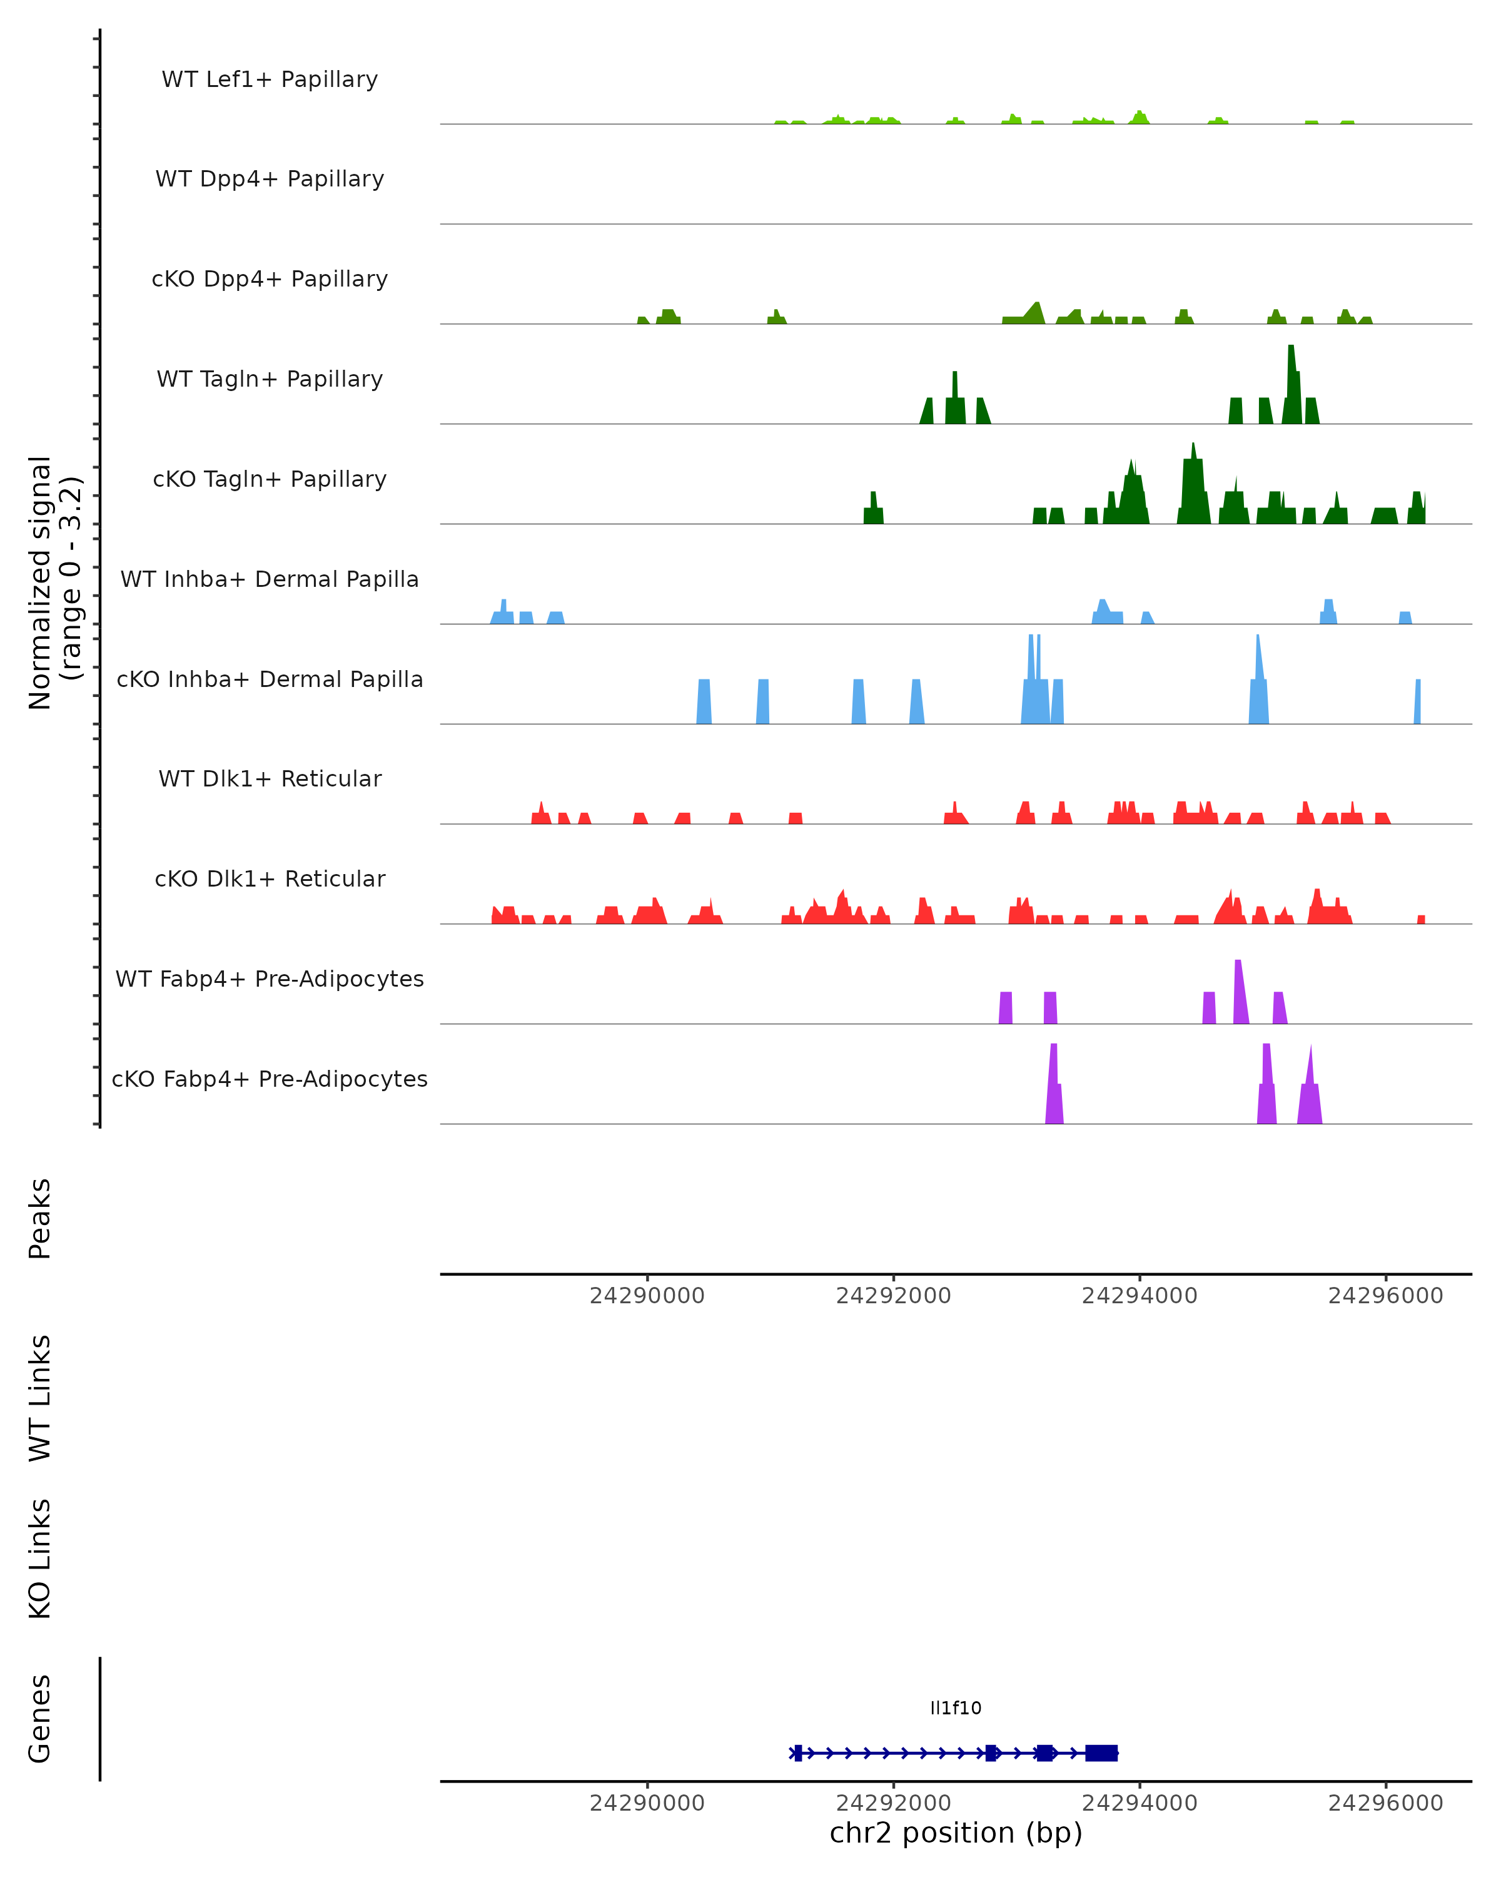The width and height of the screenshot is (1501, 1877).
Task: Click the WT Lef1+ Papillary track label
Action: pyautogui.click(x=270, y=79)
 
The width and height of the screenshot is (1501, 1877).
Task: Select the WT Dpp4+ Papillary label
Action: pyautogui.click(x=270, y=180)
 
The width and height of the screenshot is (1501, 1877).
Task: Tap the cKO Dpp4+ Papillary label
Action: pyautogui.click(x=270, y=280)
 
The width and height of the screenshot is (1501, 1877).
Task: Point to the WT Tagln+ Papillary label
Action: pyautogui.click(x=270, y=380)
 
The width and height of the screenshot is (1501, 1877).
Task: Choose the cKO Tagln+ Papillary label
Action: pyautogui.click(x=270, y=480)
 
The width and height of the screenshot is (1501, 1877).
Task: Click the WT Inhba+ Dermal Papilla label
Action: pyautogui.click(x=270, y=580)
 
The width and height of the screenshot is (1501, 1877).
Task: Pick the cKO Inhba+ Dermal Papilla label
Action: pyautogui.click(x=270, y=680)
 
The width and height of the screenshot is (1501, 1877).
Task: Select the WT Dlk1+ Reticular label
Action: pyautogui.click(x=270, y=779)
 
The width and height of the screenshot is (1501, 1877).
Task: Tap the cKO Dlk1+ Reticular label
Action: pyautogui.click(x=270, y=879)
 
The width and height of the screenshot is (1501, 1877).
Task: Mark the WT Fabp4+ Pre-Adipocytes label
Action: pyautogui.click(x=270, y=979)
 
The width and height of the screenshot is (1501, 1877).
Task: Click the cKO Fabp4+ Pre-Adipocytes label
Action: pyautogui.click(x=270, y=1079)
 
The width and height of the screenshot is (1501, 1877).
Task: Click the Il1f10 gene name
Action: pyautogui.click(x=956, y=1708)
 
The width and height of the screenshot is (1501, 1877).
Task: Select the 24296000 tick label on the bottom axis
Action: pyautogui.click(x=1385, y=1804)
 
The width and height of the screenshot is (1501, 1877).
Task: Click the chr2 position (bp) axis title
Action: pyautogui.click(x=956, y=1833)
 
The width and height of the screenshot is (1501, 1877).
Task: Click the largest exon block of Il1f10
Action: pyautogui.click(x=1101, y=1753)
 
